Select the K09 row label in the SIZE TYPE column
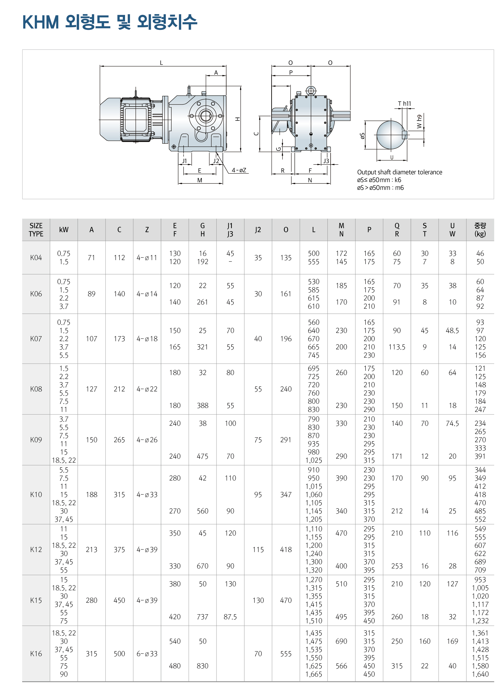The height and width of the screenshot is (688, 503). (36, 440)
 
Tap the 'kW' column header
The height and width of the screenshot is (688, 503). (64, 230)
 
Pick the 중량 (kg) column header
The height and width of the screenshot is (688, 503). (480, 230)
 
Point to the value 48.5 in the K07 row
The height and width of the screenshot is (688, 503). (452, 331)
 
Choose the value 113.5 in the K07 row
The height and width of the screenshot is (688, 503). (397, 347)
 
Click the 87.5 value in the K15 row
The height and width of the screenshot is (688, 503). (230, 617)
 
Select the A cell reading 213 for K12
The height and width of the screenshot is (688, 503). (91, 550)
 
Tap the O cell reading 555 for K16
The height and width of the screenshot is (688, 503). (286, 654)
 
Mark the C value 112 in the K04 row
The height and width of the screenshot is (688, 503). (119, 258)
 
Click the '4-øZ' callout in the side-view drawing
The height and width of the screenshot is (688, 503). (239, 170)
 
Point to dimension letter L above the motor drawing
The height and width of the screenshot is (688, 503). (161, 63)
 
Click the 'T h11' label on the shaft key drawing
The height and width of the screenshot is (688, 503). (404, 104)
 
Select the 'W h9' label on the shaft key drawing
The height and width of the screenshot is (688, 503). (419, 122)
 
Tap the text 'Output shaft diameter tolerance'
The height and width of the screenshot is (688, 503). (400, 172)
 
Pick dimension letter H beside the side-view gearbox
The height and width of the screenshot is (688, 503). (238, 119)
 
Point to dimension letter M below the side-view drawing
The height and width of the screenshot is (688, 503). (200, 180)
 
